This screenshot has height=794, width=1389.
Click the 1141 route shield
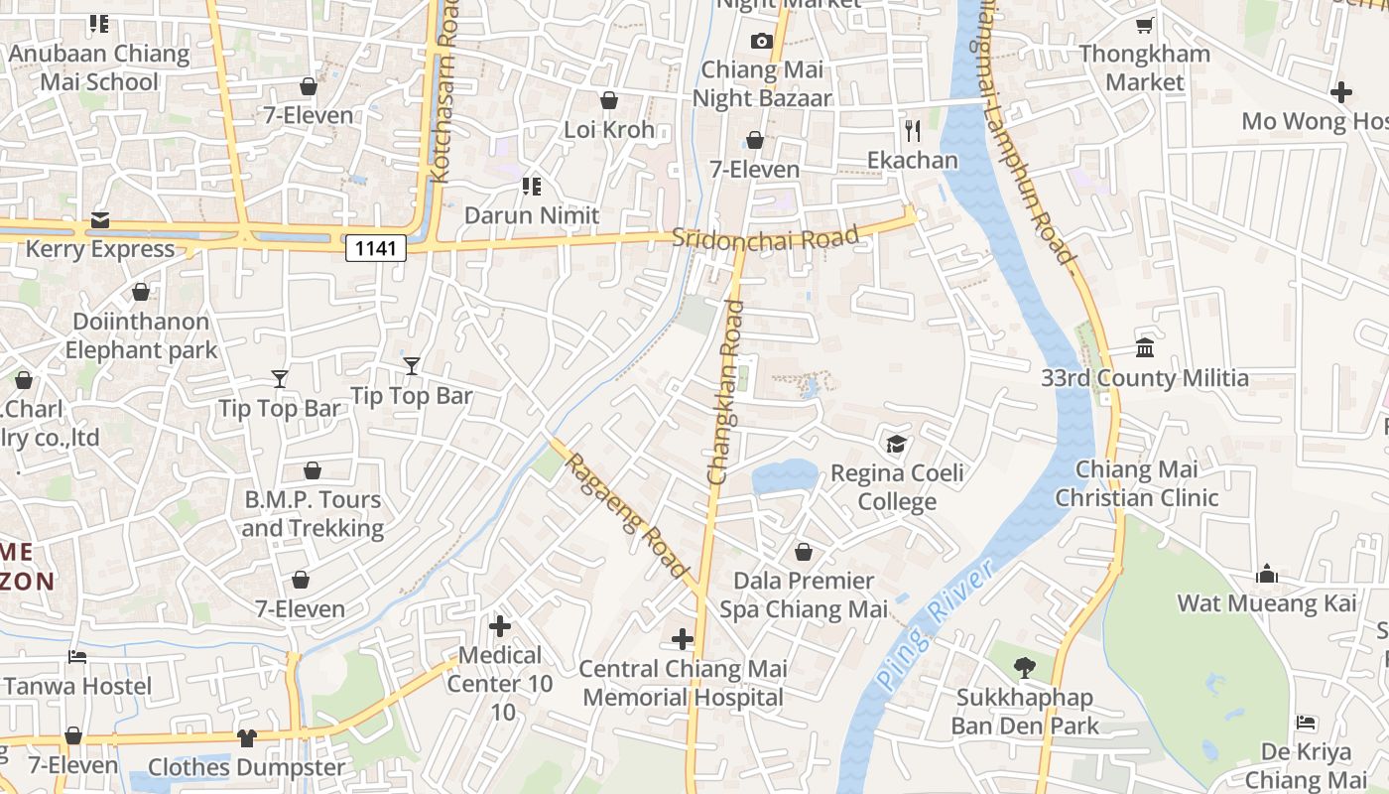click(376, 247)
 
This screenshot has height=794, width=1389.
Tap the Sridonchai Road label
click(764, 238)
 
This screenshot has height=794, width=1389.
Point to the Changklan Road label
click(726, 393)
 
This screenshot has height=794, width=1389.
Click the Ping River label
click(934, 626)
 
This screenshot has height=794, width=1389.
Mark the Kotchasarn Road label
click(443, 94)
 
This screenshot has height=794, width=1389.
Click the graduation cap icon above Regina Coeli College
click(897, 444)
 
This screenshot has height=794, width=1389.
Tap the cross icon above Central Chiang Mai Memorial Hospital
click(683, 638)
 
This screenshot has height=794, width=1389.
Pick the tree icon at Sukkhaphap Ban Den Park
click(1024, 667)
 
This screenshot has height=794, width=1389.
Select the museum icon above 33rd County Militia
click(1145, 348)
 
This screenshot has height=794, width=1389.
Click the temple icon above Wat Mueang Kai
click(1266, 574)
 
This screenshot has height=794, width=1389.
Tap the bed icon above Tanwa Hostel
click(77, 656)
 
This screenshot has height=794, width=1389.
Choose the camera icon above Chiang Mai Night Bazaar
click(761, 41)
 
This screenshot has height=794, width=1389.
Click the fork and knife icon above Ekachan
click(913, 130)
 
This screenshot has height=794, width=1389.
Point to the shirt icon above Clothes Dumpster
click(246, 737)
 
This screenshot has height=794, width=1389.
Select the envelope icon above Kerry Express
click(100, 219)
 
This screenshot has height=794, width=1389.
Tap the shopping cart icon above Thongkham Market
click(1144, 25)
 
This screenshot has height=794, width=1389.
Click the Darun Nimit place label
click(532, 215)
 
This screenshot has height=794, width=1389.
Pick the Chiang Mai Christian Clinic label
click(1136, 483)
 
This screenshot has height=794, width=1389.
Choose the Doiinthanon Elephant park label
click(141, 335)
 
